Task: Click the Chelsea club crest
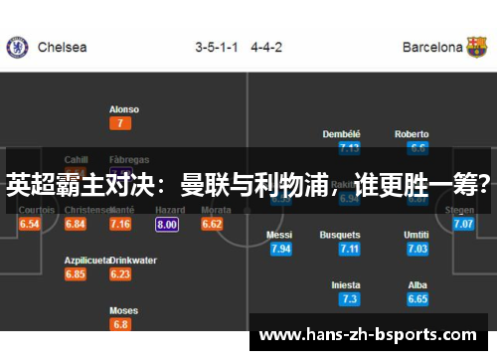[17, 47]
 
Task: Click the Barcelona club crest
[477, 47]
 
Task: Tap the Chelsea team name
[62, 47]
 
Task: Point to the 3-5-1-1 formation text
[217, 47]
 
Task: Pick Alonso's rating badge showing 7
[120, 123]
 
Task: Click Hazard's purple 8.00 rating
[167, 225]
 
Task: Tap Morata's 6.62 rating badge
[212, 225]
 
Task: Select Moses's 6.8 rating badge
[120, 324]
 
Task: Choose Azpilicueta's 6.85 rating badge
[76, 274]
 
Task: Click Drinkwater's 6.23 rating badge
[120, 274]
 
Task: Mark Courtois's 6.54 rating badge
[30, 225]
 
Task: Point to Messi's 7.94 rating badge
[280, 249]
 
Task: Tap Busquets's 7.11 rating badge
[348, 249]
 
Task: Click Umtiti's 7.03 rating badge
[417, 249]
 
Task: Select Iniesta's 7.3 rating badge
[348, 298]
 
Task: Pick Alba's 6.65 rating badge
[417, 298]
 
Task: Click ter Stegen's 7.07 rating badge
[463, 225]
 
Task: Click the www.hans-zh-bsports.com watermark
[368, 335]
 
